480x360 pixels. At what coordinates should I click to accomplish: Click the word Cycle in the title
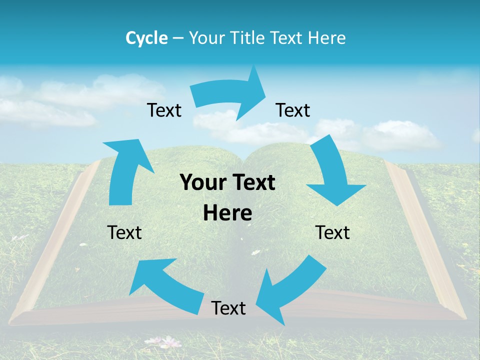click(x=146, y=38)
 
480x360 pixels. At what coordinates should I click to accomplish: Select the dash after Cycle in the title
click(x=177, y=38)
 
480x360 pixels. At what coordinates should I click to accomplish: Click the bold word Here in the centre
click(x=227, y=213)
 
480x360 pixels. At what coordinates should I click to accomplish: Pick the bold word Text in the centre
click(x=253, y=182)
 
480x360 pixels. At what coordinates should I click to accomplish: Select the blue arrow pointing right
click(x=230, y=95)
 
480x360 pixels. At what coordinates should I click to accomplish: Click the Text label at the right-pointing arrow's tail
click(x=164, y=110)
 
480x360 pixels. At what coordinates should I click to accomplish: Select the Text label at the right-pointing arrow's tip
click(x=293, y=110)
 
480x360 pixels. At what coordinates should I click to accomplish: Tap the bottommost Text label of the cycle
click(x=228, y=308)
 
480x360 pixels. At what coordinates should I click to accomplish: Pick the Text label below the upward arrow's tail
click(x=124, y=232)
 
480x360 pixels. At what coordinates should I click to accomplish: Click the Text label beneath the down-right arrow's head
click(x=332, y=232)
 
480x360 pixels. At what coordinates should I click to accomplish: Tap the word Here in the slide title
click(x=325, y=38)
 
